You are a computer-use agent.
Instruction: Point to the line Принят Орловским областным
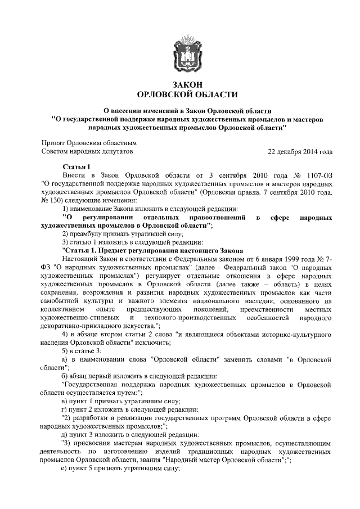(x=90, y=143)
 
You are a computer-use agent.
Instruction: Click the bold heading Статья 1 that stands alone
(x=76, y=167)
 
